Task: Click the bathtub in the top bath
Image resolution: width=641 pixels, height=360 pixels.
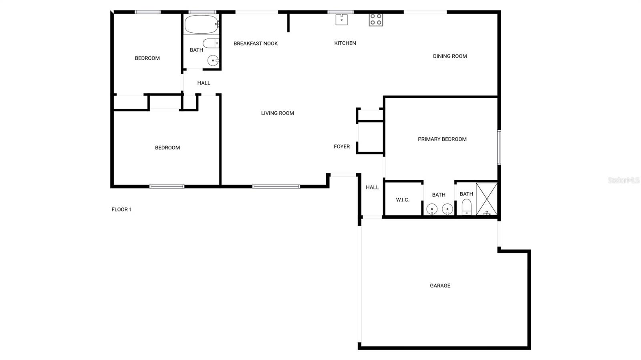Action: click(202, 24)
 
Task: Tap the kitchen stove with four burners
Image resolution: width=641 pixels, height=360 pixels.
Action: click(376, 20)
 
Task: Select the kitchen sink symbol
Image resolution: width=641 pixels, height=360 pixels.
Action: click(341, 20)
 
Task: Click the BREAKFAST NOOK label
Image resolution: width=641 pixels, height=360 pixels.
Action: click(256, 44)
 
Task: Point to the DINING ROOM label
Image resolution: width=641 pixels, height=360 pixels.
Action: click(450, 56)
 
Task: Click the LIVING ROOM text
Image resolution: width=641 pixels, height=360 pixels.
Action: click(277, 113)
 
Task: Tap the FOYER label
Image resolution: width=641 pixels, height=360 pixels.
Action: click(342, 147)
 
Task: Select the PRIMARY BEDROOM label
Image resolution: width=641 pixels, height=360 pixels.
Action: click(442, 139)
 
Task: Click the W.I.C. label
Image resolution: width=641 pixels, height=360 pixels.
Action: click(403, 200)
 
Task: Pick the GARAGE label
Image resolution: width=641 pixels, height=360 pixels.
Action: click(440, 286)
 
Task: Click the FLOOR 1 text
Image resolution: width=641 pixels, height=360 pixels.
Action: click(122, 209)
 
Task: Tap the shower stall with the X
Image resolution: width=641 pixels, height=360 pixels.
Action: click(486, 199)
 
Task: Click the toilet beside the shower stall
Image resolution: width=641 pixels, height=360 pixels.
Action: click(466, 207)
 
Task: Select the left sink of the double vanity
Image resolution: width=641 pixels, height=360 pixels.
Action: click(432, 209)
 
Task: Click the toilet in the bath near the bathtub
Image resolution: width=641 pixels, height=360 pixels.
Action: click(211, 44)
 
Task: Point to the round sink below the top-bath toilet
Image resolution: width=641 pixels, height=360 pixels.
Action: click(213, 60)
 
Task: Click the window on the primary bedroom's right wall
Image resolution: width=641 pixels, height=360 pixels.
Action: click(499, 147)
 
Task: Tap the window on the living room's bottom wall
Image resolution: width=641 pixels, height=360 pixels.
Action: click(276, 187)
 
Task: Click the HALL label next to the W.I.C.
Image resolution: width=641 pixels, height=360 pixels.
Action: click(372, 187)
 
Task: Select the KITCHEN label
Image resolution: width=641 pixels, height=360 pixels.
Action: click(345, 43)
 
